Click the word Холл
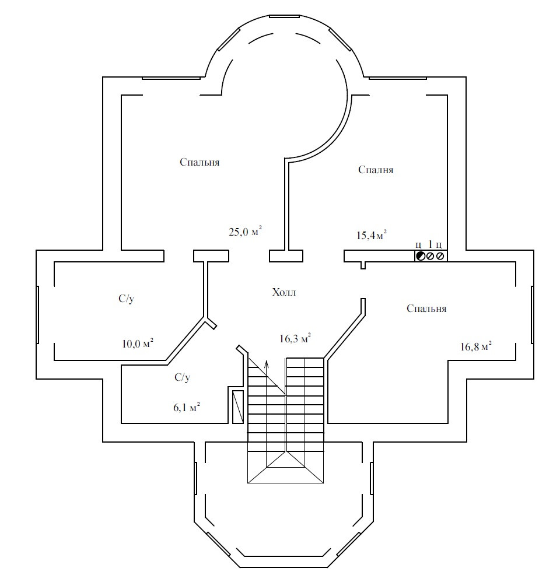[284, 292]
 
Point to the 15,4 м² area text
[372, 235]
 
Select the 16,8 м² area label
[475, 346]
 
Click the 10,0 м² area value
[138, 343]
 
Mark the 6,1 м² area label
[187, 407]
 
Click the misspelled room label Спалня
[376, 170]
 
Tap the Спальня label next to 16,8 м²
[426, 308]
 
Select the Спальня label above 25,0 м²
[199, 162]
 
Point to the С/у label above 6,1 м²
[183, 378]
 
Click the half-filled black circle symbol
[420, 256]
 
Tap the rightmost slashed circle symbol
[440, 256]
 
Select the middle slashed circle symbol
[430, 256]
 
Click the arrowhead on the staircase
[267, 364]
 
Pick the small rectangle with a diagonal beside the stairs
[238, 405]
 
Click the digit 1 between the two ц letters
[430, 244]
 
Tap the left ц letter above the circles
[418, 244]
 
